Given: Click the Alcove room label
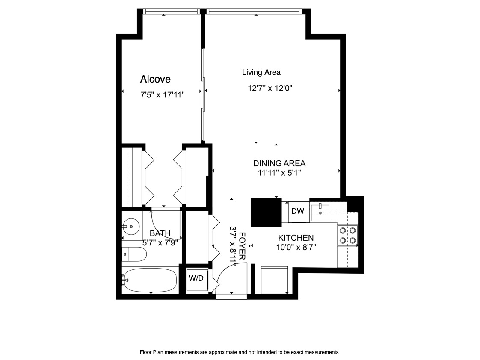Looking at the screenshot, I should [x=155, y=79].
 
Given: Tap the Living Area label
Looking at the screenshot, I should [x=261, y=72].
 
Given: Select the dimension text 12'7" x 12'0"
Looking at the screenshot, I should [x=270, y=89].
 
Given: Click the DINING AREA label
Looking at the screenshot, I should [x=279, y=163].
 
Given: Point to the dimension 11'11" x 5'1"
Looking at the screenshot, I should [x=279, y=173].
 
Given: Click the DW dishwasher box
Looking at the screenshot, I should [x=298, y=211].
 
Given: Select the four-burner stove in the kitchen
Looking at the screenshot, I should [x=347, y=235].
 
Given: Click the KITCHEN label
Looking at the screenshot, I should [x=296, y=238].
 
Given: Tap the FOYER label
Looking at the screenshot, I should [x=242, y=246].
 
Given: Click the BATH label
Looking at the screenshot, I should [x=160, y=233].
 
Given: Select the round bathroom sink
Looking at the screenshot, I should [x=132, y=226].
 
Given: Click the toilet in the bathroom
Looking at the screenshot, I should [x=134, y=254].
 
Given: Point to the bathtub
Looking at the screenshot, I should [x=150, y=280].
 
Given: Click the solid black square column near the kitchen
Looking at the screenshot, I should [x=266, y=212].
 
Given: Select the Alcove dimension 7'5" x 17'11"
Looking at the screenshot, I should [x=162, y=95].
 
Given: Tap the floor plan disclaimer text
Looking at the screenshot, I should [x=239, y=352].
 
